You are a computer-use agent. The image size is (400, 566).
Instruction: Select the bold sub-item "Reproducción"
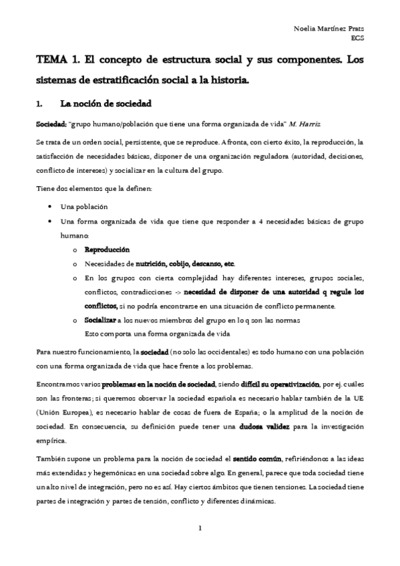(x=106, y=250)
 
